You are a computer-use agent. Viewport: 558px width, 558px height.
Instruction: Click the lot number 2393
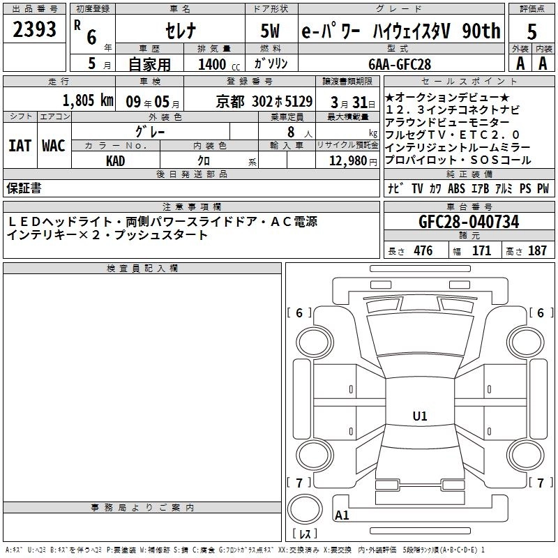click(34, 29)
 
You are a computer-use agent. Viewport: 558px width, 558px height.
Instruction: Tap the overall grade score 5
click(531, 31)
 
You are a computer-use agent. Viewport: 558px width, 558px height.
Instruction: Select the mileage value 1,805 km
click(88, 100)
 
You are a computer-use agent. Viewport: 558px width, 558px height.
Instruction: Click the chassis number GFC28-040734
click(469, 221)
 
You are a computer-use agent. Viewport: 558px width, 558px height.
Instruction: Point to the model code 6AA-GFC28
click(400, 64)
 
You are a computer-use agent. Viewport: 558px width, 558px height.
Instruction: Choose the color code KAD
click(115, 161)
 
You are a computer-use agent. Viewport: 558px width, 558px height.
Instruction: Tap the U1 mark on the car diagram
click(420, 416)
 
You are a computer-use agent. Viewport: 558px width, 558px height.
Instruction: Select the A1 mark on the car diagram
click(342, 515)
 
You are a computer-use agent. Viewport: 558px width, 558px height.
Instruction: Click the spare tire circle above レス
click(305, 509)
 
